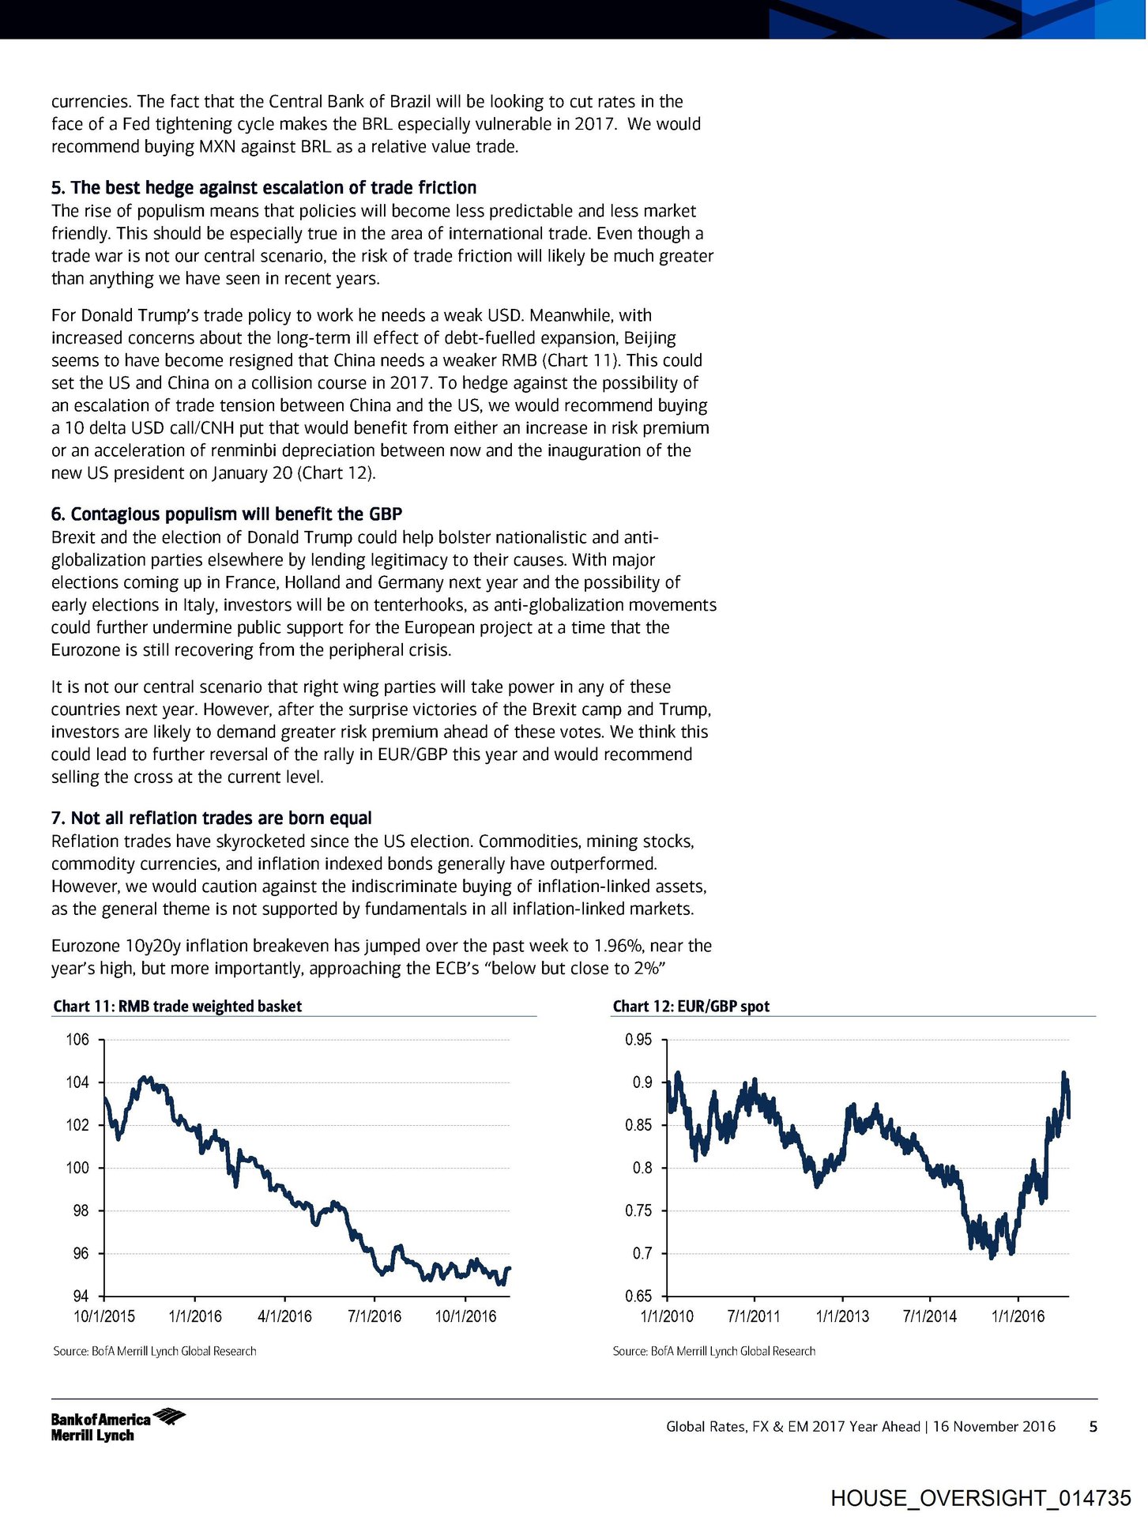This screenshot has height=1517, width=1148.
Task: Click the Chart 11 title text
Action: (177, 1006)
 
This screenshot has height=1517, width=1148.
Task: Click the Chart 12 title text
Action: (691, 1006)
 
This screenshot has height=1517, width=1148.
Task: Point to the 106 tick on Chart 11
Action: (77, 1040)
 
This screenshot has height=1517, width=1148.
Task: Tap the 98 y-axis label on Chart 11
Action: (77, 1211)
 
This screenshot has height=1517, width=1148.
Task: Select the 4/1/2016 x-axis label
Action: (284, 1316)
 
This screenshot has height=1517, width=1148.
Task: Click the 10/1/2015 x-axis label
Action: (104, 1316)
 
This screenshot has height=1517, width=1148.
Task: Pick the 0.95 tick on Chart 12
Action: (638, 1040)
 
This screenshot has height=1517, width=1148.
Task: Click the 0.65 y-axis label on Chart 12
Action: (638, 1297)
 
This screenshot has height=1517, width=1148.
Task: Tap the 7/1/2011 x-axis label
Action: (754, 1316)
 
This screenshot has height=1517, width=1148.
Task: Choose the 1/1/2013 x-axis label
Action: (842, 1316)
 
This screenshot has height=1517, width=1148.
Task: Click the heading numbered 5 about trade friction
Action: (264, 188)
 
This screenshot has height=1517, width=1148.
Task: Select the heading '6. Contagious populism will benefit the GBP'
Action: (227, 514)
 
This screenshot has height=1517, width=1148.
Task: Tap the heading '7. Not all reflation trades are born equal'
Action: (211, 818)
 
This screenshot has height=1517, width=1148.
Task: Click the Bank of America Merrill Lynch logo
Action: (117, 1425)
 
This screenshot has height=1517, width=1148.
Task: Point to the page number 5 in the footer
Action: (1093, 1426)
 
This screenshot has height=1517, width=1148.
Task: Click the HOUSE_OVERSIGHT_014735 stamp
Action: (981, 1498)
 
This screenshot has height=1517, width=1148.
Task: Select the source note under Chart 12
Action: (713, 1351)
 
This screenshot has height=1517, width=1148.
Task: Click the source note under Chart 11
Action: (154, 1351)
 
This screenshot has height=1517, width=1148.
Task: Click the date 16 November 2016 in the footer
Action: (994, 1426)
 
